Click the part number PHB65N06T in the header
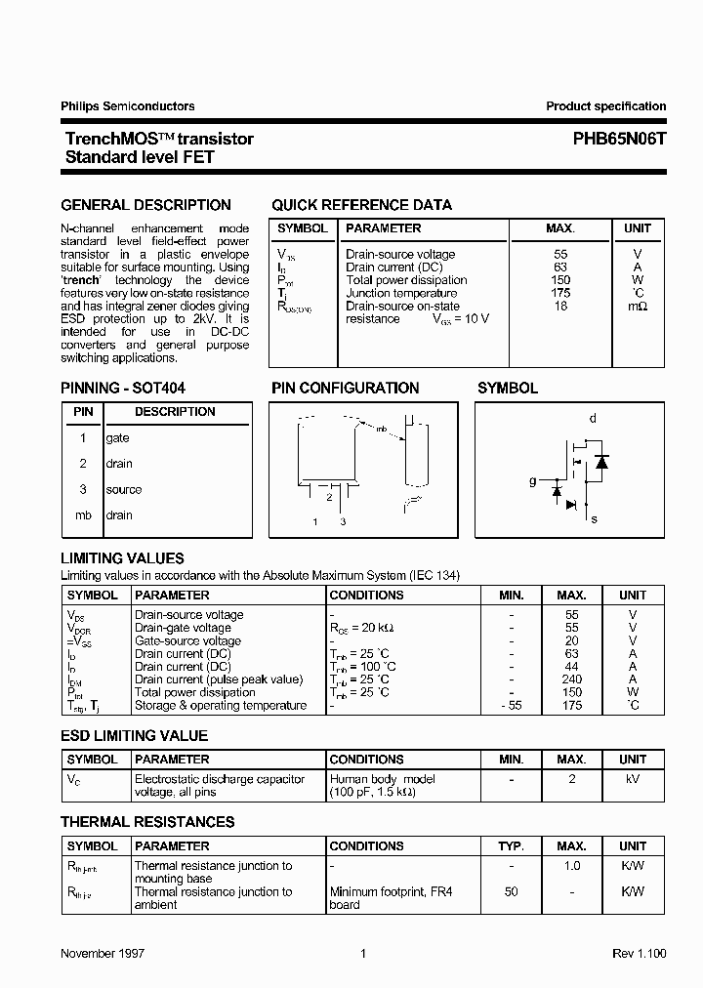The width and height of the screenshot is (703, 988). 619,139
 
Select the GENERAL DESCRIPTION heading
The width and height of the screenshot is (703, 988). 146,205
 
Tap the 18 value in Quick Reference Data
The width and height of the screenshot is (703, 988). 560,306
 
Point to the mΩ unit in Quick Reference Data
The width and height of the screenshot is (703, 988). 638,306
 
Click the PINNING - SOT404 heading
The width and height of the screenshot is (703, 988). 123,388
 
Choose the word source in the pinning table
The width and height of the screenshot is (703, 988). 124,489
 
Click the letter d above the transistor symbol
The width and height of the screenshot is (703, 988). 592,419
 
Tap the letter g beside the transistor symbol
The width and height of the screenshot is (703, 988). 532,481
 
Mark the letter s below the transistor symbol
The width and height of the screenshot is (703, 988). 595,518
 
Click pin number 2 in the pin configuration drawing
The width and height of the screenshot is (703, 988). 329,497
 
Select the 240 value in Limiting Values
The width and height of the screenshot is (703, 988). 572,679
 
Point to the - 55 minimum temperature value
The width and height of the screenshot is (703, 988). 510,705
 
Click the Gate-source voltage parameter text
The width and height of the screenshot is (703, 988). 187,640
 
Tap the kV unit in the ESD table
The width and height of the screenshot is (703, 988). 633,779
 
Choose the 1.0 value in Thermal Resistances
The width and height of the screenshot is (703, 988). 572,865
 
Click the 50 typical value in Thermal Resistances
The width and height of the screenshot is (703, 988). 511,891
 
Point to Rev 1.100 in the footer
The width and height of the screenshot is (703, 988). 640,954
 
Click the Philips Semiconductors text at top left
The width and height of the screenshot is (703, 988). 128,106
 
